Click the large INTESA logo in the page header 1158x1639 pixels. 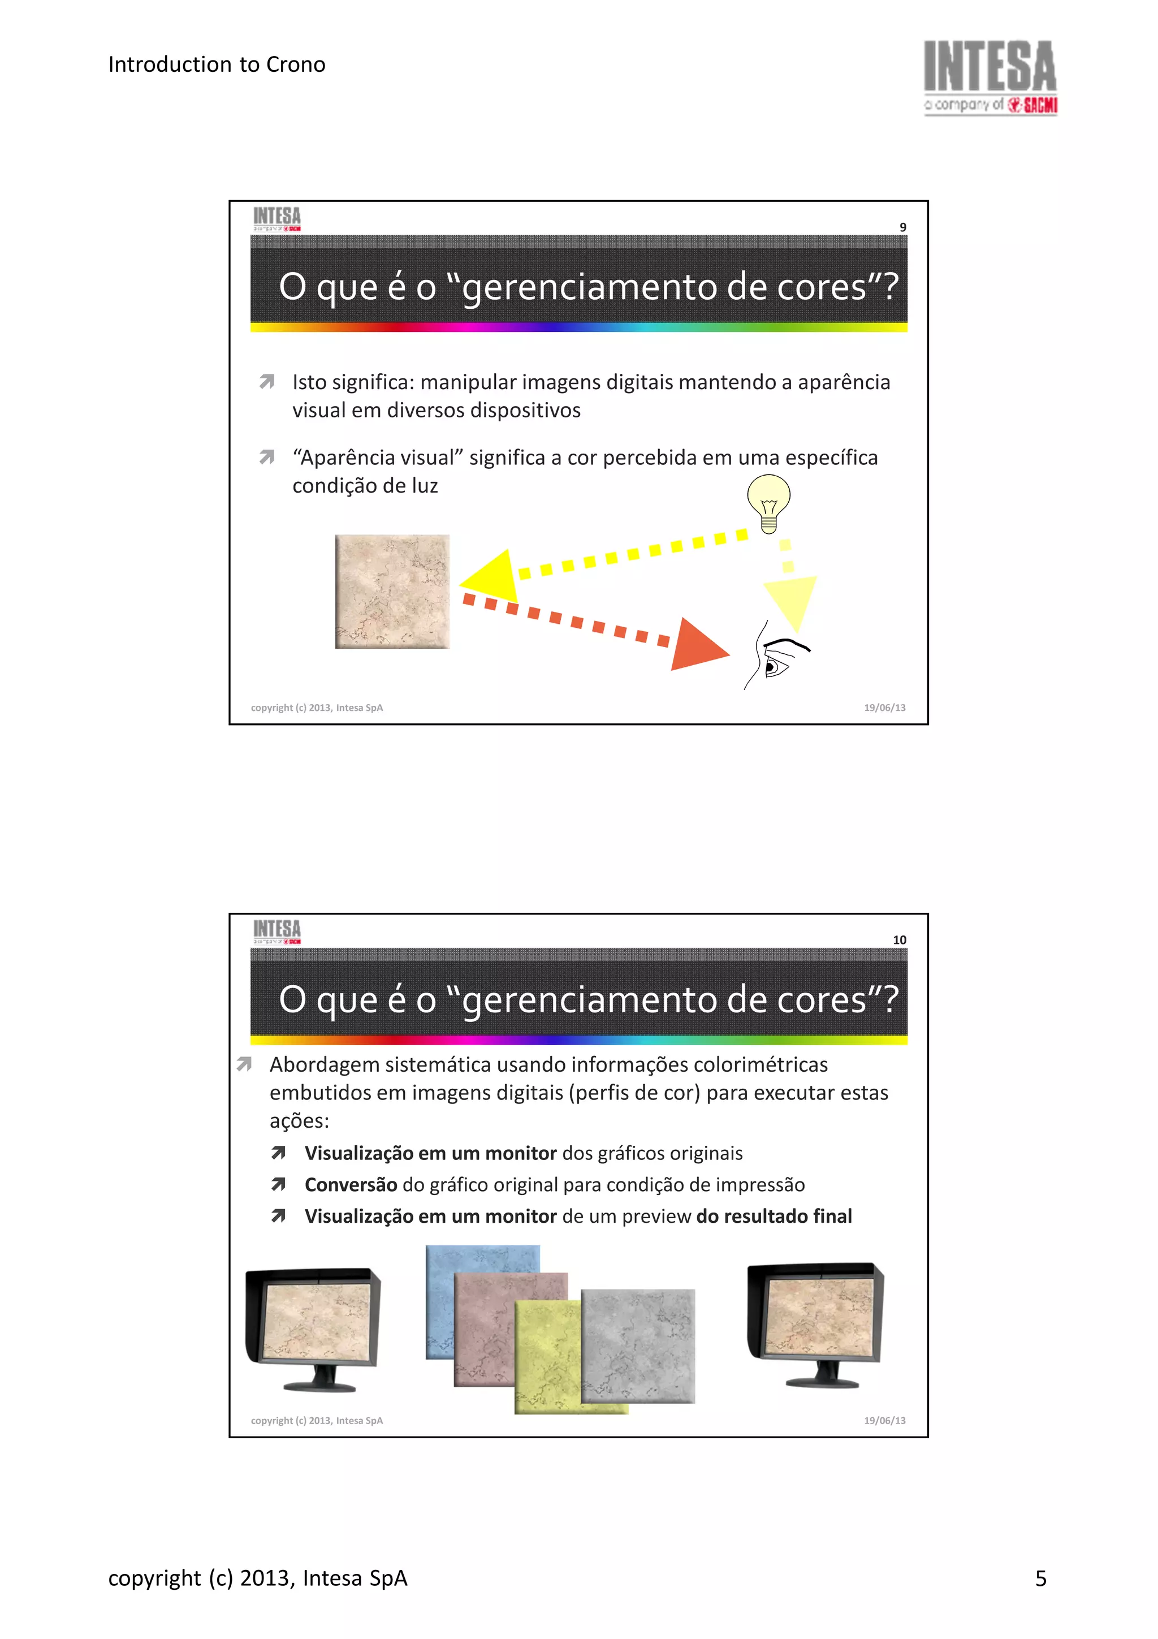click(x=990, y=76)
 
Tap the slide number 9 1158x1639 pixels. click(x=902, y=227)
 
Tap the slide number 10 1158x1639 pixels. click(x=899, y=939)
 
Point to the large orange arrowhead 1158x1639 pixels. click(x=695, y=645)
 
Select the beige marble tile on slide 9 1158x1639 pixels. click(x=392, y=591)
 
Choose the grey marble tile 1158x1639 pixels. click(x=638, y=1345)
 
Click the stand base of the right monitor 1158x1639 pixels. click(x=822, y=1383)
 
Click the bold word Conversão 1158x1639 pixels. click(x=351, y=1184)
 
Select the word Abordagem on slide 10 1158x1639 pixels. click(x=324, y=1065)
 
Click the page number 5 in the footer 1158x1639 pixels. click(x=1040, y=1578)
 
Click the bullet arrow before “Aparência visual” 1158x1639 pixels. click(x=267, y=457)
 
